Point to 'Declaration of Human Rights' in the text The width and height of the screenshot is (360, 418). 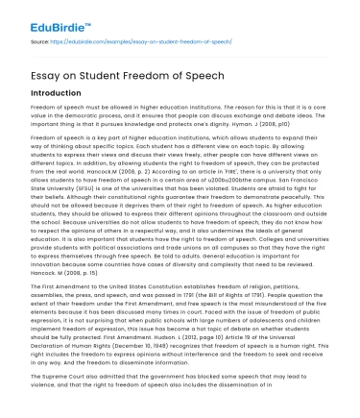coord(78,346)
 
